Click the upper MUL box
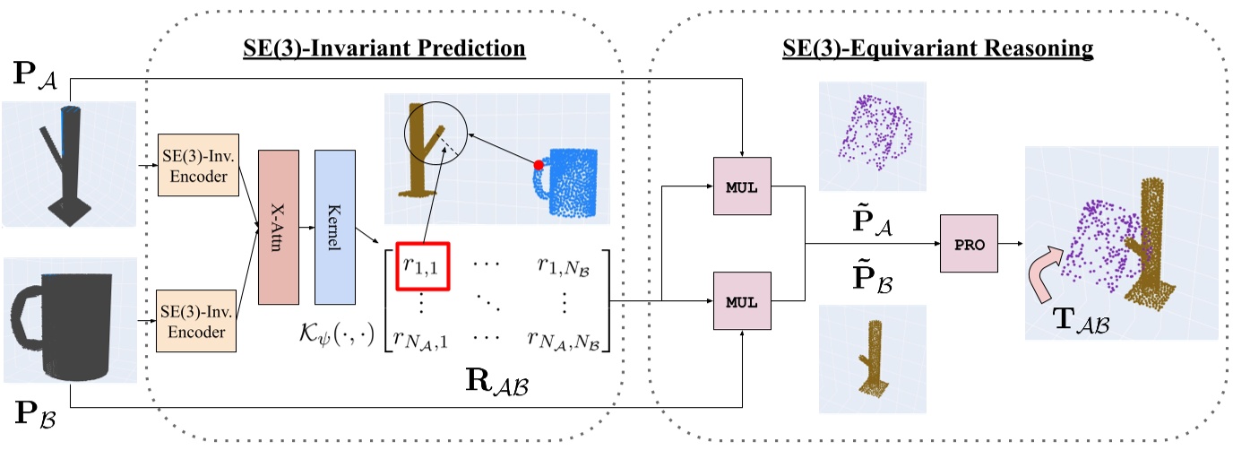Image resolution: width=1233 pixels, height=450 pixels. point(741,187)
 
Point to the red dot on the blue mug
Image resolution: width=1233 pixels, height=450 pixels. point(539,165)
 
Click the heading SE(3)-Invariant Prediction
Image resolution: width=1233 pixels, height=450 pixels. point(384,48)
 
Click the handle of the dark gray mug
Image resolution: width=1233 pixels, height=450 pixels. point(27,318)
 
